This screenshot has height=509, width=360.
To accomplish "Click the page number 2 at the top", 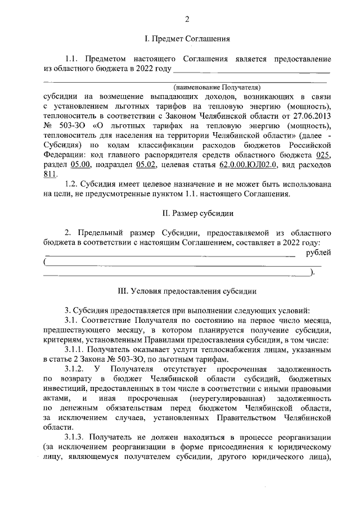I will click(186, 20).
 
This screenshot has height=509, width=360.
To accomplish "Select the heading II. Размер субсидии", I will click(186, 214).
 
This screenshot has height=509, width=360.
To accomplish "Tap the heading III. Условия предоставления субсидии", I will click(186, 291).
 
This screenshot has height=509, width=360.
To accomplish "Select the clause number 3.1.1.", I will click(75, 349).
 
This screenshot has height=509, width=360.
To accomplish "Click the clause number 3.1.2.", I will click(75, 368).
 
